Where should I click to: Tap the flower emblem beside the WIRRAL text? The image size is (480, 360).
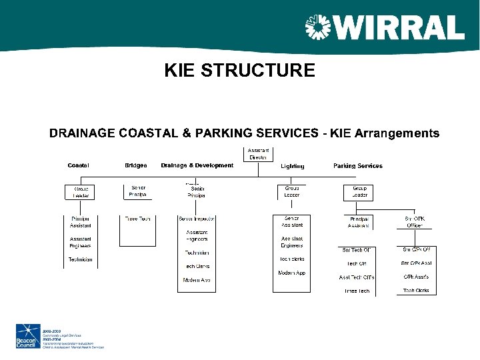click(318, 28)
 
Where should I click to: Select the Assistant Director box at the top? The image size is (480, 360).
click(258, 154)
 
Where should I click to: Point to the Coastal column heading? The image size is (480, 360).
click(78, 165)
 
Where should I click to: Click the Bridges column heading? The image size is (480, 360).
click(136, 165)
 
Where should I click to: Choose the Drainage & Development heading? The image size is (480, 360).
click(197, 165)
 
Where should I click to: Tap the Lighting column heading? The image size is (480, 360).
click(292, 166)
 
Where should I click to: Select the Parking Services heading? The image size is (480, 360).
click(358, 165)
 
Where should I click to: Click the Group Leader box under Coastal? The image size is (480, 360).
click(81, 192)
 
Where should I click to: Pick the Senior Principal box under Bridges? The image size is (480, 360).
click(138, 191)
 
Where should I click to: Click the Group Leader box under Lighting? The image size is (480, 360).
click(292, 191)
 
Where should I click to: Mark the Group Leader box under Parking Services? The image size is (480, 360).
click(359, 192)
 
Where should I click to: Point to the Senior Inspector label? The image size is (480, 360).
click(196, 219)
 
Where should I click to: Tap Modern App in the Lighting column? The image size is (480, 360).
click(291, 273)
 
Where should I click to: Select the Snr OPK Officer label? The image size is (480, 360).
click(415, 222)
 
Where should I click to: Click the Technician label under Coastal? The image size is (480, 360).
click(81, 259)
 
